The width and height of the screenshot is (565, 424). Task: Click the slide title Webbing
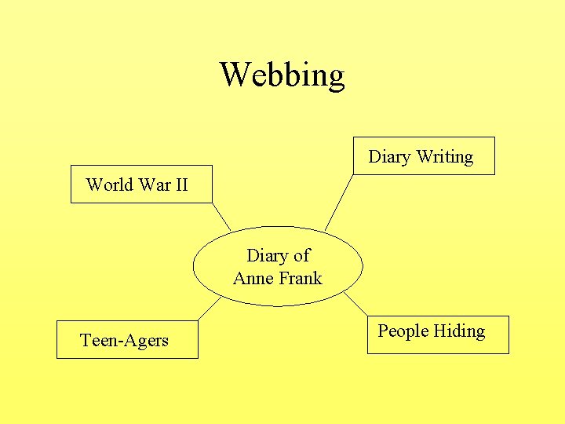[x=282, y=75]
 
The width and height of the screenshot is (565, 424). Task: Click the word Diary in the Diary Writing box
[x=389, y=157]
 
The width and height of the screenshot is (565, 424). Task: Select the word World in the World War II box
[x=109, y=185]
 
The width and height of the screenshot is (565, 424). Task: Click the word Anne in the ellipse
[x=252, y=278]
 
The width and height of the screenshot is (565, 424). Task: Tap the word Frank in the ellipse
[x=299, y=278]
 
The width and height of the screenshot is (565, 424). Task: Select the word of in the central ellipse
[x=301, y=255]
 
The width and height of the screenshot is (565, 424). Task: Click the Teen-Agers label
[x=124, y=341]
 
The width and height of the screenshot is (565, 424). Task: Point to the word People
[x=403, y=331]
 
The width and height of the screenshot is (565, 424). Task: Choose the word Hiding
[x=459, y=331]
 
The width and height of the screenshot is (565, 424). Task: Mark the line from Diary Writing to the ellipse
[x=338, y=203]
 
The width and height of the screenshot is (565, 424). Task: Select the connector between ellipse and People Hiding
[x=356, y=305]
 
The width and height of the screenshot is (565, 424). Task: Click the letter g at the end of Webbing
[x=336, y=77]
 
